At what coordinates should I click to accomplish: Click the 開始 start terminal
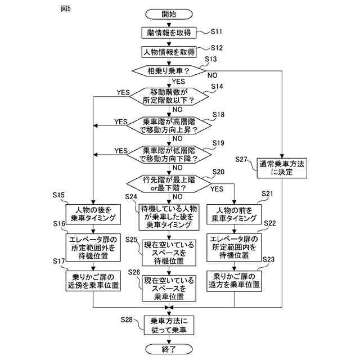coord(168,13)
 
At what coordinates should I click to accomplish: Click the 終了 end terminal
coord(168,349)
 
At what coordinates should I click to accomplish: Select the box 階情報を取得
coord(168,33)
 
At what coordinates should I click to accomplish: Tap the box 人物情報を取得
coord(168,52)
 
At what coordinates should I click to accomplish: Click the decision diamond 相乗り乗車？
coord(168,71)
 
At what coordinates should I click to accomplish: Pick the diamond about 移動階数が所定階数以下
coord(168,96)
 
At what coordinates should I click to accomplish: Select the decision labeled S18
coord(168,125)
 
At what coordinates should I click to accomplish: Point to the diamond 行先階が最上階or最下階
coord(168,183)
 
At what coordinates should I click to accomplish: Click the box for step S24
coord(168,217)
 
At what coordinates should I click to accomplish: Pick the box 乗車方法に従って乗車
coord(168,325)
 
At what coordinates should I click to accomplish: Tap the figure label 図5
coord(65,10)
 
